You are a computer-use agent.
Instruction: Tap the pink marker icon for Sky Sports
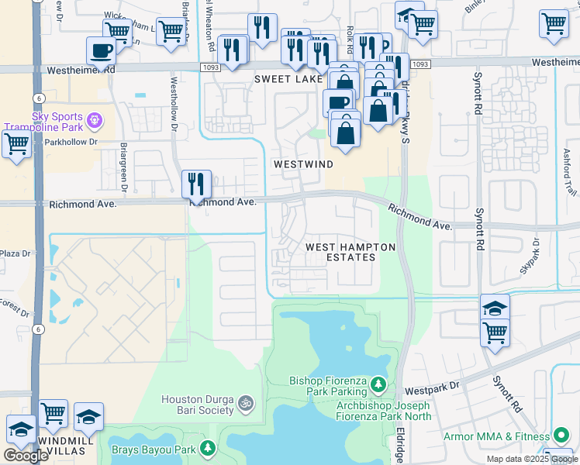pyautogui.click(x=95, y=120)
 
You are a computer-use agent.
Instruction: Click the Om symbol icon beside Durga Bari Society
pyautogui.click(x=246, y=403)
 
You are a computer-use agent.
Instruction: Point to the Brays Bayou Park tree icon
pyautogui.click(x=208, y=448)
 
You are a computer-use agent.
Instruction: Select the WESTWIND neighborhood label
pyautogui.click(x=303, y=165)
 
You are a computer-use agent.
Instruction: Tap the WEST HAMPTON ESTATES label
pyautogui.click(x=350, y=252)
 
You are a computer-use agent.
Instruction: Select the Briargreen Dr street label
pyautogui.click(x=123, y=165)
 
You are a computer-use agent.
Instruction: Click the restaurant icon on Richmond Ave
pyautogui.click(x=196, y=184)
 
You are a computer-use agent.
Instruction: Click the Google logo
pyautogui.click(x=26, y=456)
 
